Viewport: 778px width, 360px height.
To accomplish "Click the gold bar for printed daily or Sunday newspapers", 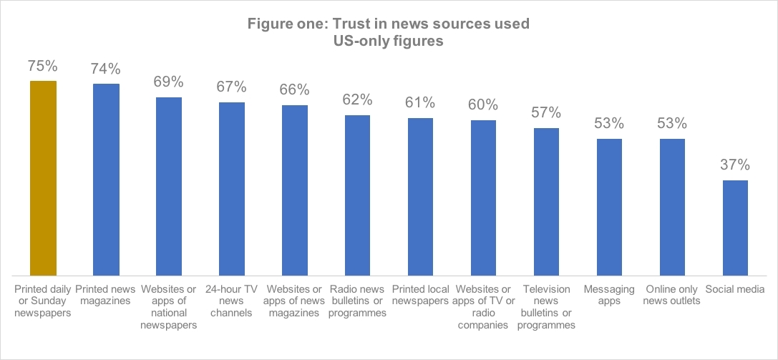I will point(43,177).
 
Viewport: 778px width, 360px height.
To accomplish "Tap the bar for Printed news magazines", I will point(106,179).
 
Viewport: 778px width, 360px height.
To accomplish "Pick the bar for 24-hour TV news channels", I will point(232,188).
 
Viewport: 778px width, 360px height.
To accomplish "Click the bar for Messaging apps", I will point(609,206).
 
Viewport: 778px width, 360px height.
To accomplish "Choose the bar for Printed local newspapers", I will point(421,196).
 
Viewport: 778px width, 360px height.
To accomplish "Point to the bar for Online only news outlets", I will point(672,206).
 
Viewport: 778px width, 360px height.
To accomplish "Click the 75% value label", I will point(43,66).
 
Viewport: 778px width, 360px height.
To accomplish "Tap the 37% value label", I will point(735,165).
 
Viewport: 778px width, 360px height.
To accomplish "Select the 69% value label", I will point(169,81).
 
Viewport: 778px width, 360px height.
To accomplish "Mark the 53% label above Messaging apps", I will point(609,123).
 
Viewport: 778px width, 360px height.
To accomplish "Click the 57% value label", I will point(547,113).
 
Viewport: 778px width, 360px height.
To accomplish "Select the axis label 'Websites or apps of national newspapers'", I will point(169,307).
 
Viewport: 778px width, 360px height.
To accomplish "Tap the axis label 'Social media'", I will point(735,289).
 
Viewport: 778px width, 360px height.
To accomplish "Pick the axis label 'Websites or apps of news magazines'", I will point(295,301).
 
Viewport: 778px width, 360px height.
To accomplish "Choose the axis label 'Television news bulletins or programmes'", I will point(547,307).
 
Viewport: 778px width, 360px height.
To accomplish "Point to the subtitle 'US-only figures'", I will point(389,42).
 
